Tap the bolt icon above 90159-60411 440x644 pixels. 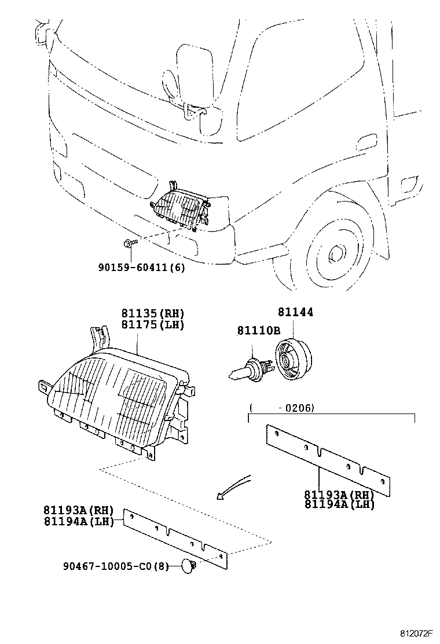(x=129, y=243)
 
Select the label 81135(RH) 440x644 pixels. (x=152, y=313)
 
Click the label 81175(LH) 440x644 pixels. (x=152, y=325)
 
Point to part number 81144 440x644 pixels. (x=295, y=312)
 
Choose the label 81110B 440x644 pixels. (x=258, y=330)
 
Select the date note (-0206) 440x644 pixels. (x=282, y=408)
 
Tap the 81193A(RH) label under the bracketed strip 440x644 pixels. (x=339, y=495)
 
